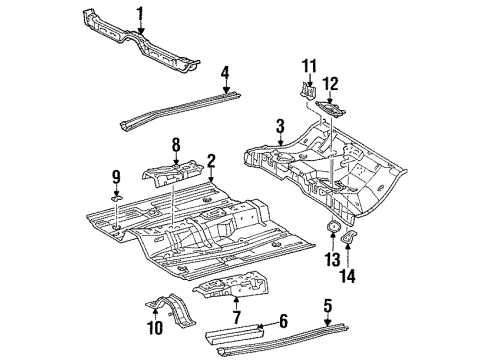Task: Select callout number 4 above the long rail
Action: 226,72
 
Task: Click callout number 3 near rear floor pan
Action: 282,125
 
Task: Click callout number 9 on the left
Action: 116,177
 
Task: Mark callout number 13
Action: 330,262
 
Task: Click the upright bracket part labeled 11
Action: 304,90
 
